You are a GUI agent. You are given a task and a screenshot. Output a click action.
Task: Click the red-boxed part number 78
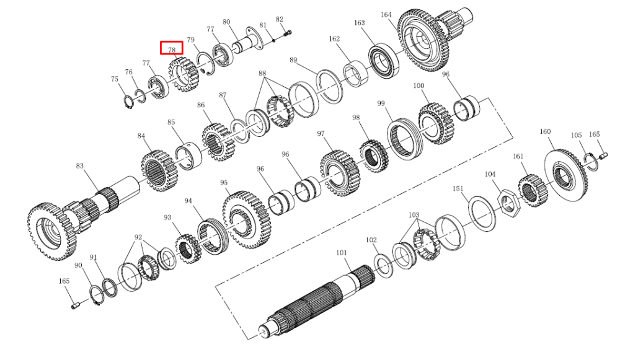[172, 50]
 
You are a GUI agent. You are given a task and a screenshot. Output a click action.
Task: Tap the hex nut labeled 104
[508, 201]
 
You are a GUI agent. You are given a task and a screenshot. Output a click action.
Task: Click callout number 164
[386, 15]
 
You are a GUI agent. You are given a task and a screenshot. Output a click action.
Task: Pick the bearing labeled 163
[384, 61]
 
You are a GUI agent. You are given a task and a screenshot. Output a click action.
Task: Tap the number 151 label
[458, 188]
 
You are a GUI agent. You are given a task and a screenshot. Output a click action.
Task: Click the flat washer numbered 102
[383, 266]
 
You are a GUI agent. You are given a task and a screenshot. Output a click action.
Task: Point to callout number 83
[80, 165]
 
